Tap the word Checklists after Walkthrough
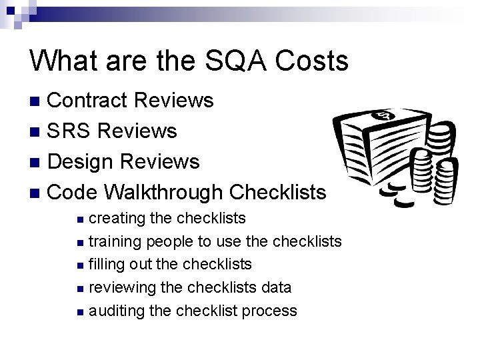tap(277, 192)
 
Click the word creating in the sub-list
tap(114, 218)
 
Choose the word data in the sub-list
tap(275, 287)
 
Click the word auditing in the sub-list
tap(113, 311)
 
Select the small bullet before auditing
tap(80, 311)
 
